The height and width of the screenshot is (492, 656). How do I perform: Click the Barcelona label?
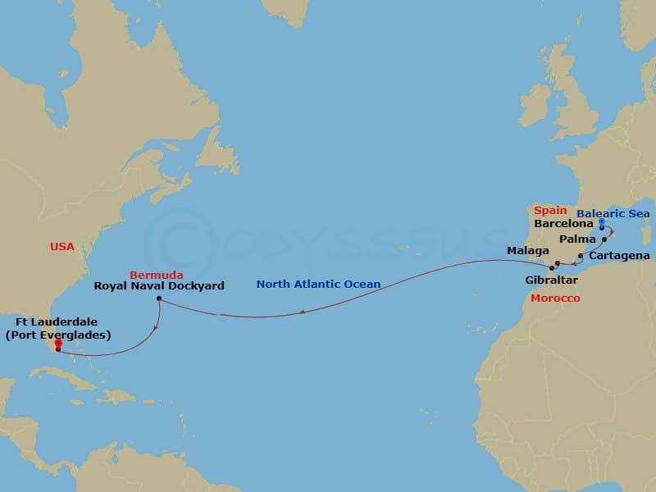point(563,222)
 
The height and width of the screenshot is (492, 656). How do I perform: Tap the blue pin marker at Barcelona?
point(602,222)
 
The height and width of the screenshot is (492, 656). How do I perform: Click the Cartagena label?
point(620,256)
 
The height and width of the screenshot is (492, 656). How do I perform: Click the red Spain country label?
point(549,211)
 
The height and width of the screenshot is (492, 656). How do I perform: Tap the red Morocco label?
point(555,298)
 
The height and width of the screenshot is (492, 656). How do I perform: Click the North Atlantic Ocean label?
point(318,285)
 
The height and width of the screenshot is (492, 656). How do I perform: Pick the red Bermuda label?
point(156,274)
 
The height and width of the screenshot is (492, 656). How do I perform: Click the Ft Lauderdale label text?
point(57,329)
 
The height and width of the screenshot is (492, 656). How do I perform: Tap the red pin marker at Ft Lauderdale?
point(57,344)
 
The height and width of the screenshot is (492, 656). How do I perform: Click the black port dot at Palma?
point(604,239)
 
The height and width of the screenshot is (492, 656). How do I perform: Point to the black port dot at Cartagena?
point(581,257)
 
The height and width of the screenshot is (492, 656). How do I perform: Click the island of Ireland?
point(533,107)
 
